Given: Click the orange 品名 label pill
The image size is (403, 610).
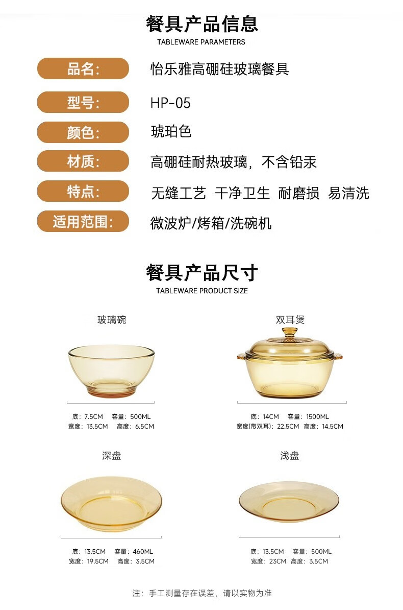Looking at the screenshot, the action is pyautogui.click(x=83, y=68).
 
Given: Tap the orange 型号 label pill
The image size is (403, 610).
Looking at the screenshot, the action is pyautogui.click(x=83, y=102).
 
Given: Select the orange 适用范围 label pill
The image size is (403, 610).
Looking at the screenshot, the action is pyautogui.click(x=83, y=221).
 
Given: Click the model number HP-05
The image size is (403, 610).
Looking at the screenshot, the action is pyautogui.click(x=170, y=103).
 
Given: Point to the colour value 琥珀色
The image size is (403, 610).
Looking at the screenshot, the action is pyautogui.click(x=171, y=131).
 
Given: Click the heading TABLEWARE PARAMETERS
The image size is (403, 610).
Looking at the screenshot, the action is pyautogui.click(x=201, y=42).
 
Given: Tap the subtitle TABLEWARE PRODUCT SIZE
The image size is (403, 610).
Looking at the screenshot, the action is pyautogui.click(x=202, y=291).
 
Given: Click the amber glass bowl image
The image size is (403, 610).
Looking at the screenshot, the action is pyautogui.click(x=111, y=371).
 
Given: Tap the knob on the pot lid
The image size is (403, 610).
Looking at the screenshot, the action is pyautogui.click(x=290, y=333).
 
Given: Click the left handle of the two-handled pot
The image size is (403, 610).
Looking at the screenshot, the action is pyautogui.click(x=241, y=356).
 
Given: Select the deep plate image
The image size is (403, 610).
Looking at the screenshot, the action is pyautogui.click(x=111, y=504).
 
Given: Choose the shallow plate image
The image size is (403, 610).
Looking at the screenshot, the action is pyautogui.click(x=289, y=502).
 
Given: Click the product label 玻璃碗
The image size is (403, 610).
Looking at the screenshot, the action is pyautogui.click(x=112, y=320).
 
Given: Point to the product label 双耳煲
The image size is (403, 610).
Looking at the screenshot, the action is pyautogui.click(x=290, y=320).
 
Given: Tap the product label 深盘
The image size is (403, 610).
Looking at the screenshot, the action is pyautogui.click(x=112, y=456).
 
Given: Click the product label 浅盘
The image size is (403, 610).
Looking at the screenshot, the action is pyautogui.click(x=290, y=456).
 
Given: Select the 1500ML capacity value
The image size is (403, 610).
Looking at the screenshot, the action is pyautogui.click(x=317, y=417).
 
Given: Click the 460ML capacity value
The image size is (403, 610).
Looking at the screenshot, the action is pyautogui.click(x=143, y=552).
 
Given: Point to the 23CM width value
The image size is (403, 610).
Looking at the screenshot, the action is pyautogui.click(x=278, y=561).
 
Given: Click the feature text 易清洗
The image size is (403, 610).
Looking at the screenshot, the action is pyautogui.click(x=348, y=193).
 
